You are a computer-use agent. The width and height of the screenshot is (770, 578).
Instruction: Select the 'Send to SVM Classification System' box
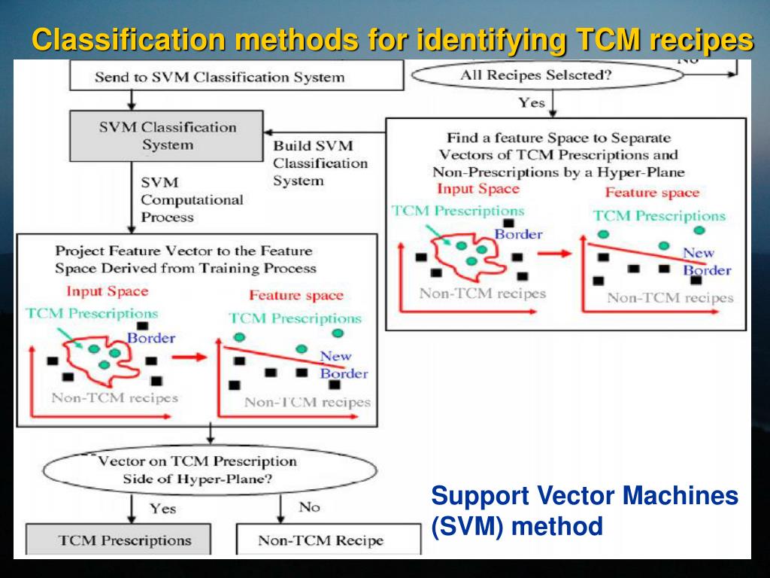pos(220,77)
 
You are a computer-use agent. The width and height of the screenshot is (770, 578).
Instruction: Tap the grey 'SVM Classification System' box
pos(167,136)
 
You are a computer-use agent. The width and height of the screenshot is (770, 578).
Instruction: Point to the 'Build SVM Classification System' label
pos(320,163)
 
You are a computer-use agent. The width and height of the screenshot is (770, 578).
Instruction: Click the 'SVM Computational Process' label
pos(192,200)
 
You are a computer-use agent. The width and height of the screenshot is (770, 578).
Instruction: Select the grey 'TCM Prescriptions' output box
pos(125,540)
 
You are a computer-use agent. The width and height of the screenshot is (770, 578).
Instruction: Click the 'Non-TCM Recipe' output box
pos(320,540)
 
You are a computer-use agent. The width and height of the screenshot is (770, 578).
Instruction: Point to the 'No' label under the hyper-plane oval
pos(309,507)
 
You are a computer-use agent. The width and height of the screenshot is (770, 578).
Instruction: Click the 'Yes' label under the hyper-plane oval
pos(162,509)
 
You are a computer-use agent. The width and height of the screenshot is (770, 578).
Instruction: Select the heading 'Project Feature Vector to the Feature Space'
pos(185,259)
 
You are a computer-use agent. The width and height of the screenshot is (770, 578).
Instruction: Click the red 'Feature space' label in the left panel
pos(296,296)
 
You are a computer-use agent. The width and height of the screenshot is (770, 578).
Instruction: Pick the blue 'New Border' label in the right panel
pos(707,262)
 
